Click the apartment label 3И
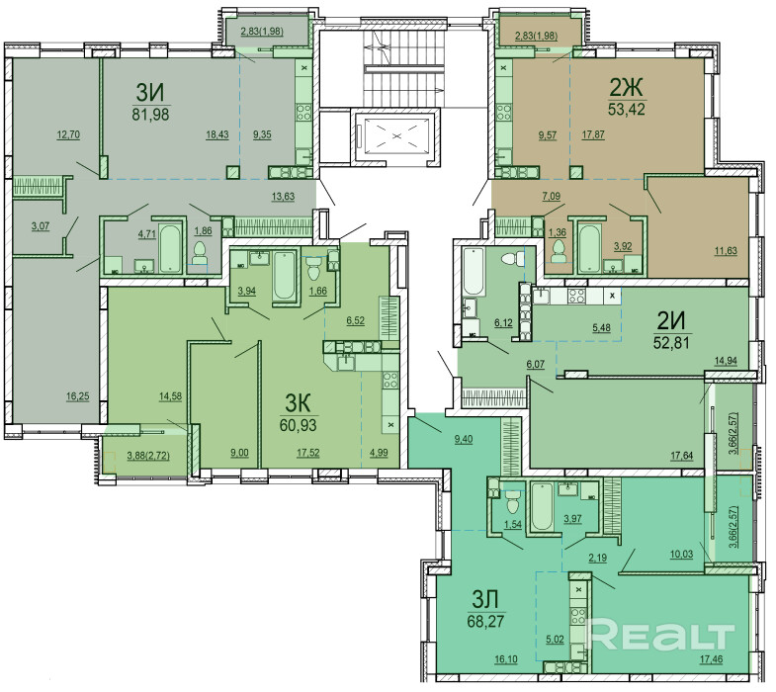[150, 92]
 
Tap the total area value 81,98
[150, 115]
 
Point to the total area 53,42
[626, 109]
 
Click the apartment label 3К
[299, 404]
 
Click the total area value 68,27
[485, 621]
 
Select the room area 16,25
[78, 396]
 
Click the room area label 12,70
[68, 134]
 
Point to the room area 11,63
[725, 251]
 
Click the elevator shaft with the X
[395, 135]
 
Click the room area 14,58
[170, 396]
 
